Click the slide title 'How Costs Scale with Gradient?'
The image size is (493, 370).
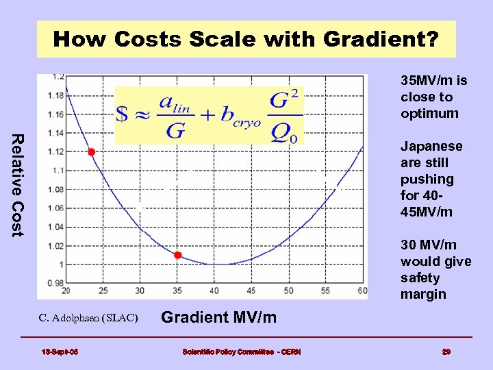246,39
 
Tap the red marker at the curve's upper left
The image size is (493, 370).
92,151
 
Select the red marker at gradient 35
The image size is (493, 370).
177,256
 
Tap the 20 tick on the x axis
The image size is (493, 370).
66,291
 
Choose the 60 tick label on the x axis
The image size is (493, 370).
362,291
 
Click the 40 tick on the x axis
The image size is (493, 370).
214,291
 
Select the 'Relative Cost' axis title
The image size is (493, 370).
18,185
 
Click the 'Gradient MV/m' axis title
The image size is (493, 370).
218,317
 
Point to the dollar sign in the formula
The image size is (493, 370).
123,114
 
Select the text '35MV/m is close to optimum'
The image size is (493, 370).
434,97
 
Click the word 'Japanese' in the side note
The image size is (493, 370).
431,147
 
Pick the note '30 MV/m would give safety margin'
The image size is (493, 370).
435,270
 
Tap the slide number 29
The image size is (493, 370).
446,351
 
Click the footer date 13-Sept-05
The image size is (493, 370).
60,351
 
